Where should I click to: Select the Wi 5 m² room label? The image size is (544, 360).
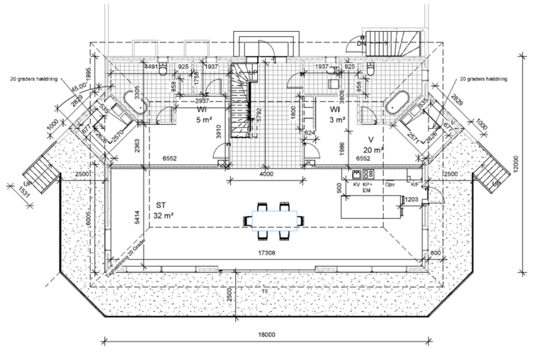pyautogui.click(x=201, y=116)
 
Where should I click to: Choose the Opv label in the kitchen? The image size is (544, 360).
pyautogui.click(x=390, y=184)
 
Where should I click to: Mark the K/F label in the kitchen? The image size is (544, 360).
pyautogui.click(x=414, y=184)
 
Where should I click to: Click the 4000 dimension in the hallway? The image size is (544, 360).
pyautogui.click(x=266, y=174)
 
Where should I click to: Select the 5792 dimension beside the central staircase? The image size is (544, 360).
pyautogui.click(x=259, y=112)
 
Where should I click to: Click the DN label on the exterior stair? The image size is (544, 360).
pyautogui.click(x=361, y=44)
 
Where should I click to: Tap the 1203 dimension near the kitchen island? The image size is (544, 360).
pyautogui.click(x=412, y=200)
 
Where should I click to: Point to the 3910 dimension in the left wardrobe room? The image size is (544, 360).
pyautogui.click(x=220, y=130)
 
